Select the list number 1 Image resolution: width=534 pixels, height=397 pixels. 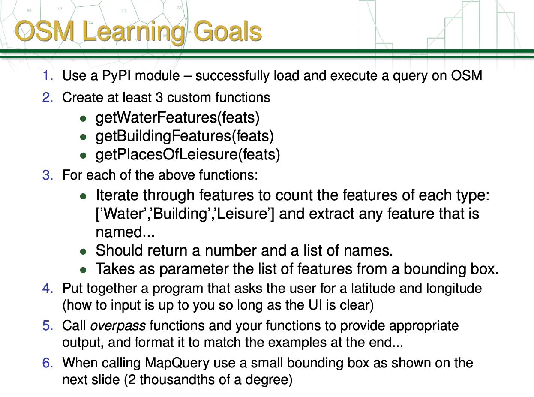pos(48,76)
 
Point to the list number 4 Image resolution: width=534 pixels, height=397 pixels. pos(48,288)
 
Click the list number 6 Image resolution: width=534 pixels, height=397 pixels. pos(48,363)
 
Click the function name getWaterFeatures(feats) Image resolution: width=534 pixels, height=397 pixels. pos(177,117)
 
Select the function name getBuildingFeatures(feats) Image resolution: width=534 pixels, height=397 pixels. pos(184,136)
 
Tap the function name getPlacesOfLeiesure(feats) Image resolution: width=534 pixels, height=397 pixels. pos(188,154)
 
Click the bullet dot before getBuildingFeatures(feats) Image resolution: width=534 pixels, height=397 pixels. pos(84,137)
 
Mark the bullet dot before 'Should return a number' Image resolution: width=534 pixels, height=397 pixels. pos(84,251)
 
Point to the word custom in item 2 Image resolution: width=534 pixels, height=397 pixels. pos(188,98)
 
